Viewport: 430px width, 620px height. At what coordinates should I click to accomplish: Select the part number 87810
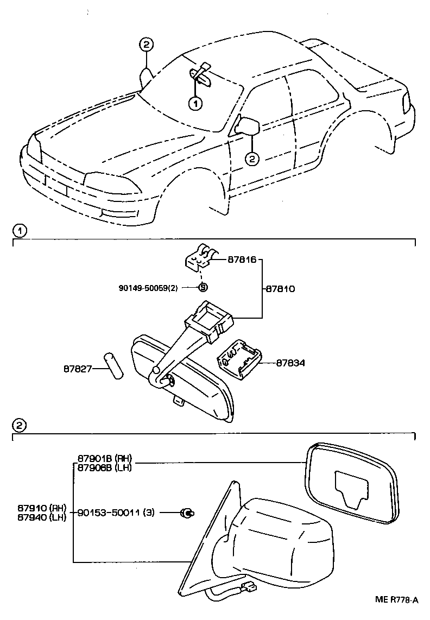tap(280, 289)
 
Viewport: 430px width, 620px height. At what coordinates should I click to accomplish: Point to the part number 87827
tap(77, 369)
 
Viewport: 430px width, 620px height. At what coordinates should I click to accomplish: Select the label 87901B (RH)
tap(104, 457)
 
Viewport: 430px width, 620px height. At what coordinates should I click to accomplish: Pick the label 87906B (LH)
tap(104, 466)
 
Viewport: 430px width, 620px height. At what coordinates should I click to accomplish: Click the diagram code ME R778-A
tap(397, 599)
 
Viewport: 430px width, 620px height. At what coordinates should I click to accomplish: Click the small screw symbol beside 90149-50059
tap(203, 287)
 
